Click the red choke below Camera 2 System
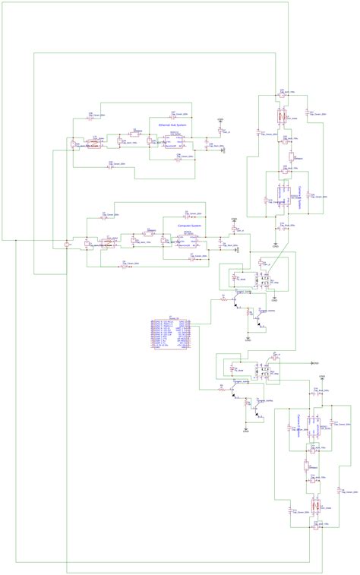(314, 504)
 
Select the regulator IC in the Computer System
(183, 242)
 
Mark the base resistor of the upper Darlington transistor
(224, 299)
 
